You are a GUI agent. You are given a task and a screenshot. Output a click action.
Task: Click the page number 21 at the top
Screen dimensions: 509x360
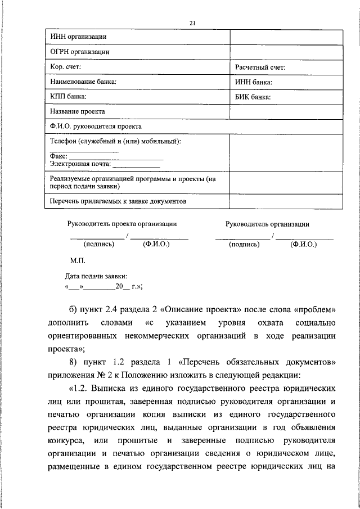click(x=193, y=22)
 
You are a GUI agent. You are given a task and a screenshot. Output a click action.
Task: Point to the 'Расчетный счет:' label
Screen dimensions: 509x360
click(x=260, y=67)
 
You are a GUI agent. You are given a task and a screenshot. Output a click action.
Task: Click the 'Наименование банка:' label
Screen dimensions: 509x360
click(x=83, y=82)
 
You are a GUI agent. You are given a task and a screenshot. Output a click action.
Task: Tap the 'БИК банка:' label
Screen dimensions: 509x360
click(x=253, y=97)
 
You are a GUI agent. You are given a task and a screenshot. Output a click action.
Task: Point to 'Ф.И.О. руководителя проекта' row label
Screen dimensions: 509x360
click(x=96, y=127)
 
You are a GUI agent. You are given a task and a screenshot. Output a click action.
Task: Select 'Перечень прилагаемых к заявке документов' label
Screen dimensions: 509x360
click(x=118, y=201)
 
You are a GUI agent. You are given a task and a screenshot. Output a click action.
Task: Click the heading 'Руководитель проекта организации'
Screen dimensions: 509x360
click(x=122, y=224)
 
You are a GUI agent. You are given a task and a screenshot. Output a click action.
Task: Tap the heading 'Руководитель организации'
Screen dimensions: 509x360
click(x=267, y=224)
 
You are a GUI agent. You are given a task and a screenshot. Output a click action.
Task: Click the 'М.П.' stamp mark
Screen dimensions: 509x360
click(x=77, y=262)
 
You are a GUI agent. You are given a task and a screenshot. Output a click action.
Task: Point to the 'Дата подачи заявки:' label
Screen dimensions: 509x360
click(x=96, y=276)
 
